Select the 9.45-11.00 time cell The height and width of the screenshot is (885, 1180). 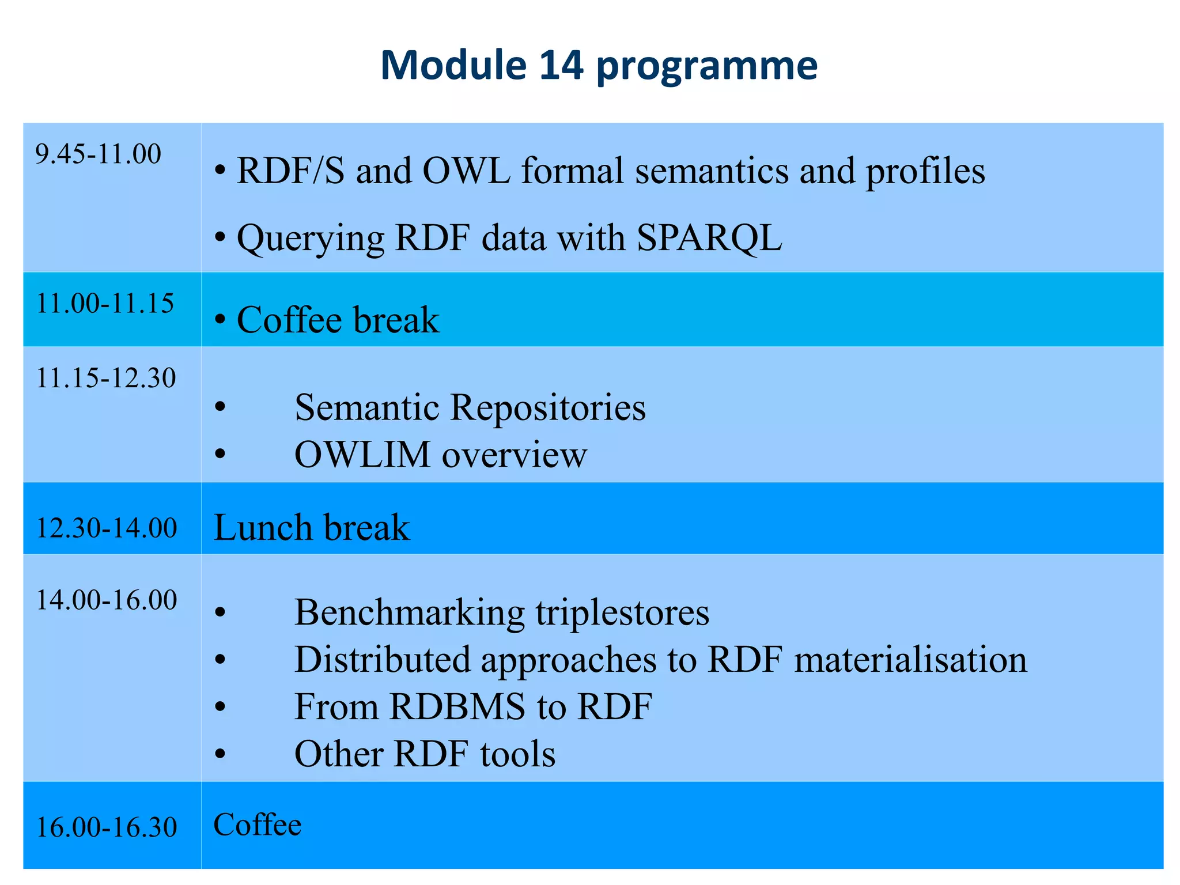[99, 154]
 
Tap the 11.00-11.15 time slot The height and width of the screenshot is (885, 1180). [105, 304]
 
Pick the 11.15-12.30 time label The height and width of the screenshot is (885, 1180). [106, 379]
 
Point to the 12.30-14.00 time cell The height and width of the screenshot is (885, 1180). [107, 528]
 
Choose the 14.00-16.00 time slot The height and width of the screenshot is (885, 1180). [107, 600]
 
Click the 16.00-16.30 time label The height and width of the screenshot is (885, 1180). [107, 827]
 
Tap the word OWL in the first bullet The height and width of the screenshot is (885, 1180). [466, 171]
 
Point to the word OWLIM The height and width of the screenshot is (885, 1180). [362, 455]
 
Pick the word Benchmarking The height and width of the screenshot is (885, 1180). [409, 612]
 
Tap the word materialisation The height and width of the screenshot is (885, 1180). [910, 660]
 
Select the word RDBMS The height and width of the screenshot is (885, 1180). [457, 707]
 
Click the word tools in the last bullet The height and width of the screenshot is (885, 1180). [517, 754]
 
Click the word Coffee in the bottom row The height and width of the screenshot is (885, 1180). [258, 825]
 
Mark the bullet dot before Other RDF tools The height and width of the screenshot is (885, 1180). [220, 754]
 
